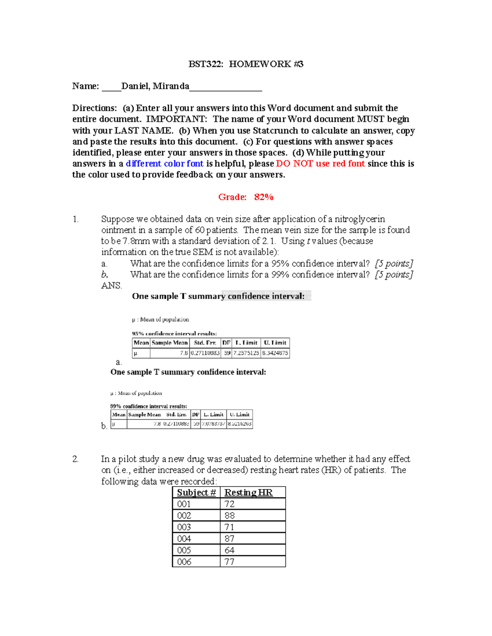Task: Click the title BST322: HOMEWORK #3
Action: (246, 64)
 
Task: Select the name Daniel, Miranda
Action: (155, 86)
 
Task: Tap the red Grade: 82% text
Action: (246, 197)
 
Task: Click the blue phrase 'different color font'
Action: (164, 164)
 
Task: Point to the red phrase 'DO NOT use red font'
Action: (320, 164)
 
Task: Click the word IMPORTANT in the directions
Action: (176, 119)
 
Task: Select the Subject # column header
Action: (196, 493)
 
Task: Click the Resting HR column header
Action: (248, 493)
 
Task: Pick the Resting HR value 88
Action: (230, 516)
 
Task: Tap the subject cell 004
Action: (184, 539)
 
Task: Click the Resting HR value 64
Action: (230, 550)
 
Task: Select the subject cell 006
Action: (184, 562)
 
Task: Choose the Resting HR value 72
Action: (230, 504)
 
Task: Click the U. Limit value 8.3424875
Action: (275, 353)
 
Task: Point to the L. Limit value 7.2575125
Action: (246, 353)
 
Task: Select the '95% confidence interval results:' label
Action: (174, 333)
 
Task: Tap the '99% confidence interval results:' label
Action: (148, 406)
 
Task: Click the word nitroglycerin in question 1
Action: (360, 219)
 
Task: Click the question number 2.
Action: (75, 459)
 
